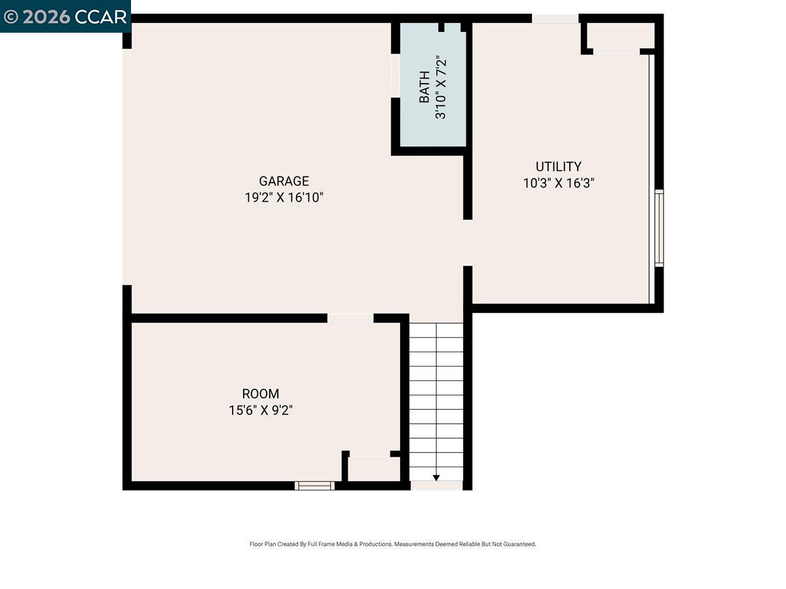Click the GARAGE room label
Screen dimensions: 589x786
pos(284,181)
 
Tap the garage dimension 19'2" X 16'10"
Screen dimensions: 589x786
pos(284,198)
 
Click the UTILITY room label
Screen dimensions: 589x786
pos(558,166)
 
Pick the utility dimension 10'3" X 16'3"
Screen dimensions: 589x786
pos(558,183)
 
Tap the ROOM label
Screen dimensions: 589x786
pos(261,393)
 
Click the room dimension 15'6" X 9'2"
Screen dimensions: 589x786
pos(261,410)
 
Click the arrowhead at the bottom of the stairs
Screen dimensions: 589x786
pos(436,478)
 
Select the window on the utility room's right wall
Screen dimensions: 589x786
pos(659,228)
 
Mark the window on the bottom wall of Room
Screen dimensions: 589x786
pos(314,486)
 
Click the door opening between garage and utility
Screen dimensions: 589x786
pos(468,242)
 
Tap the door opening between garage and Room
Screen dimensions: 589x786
pos(350,318)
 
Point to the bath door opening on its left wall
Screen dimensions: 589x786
pos(396,75)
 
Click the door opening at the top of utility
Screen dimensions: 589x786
pos(555,18)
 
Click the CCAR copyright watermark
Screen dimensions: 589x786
pos(65,16)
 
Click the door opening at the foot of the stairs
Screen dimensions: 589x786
pos(436,486)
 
